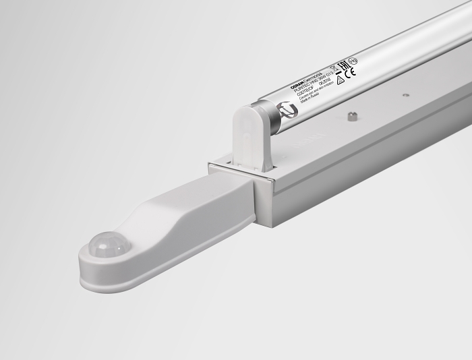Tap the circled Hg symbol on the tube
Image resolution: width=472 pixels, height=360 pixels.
pyautogui.click(x=353, y=61)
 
